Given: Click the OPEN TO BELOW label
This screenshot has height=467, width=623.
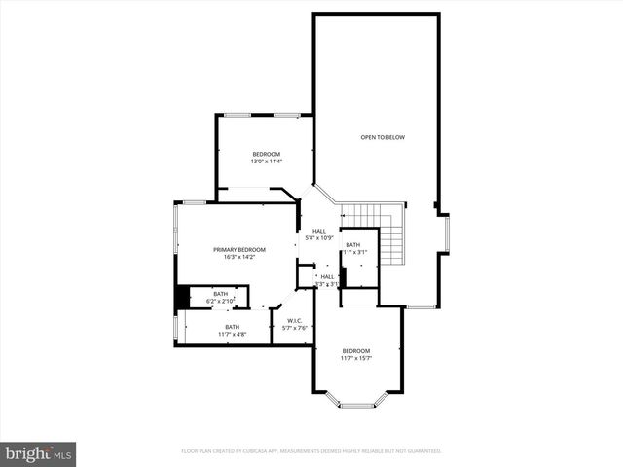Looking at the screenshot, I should [383, 137].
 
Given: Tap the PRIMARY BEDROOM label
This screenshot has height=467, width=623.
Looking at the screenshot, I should [239, 250].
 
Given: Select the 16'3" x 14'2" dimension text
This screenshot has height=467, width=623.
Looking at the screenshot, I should [239, 258].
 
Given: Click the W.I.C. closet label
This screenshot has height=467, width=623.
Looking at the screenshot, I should [294, 320].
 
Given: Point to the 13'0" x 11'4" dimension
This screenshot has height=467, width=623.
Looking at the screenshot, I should [266, 162].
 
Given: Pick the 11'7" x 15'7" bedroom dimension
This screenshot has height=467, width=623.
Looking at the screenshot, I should [355, 358].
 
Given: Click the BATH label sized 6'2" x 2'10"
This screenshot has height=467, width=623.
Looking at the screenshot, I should [221, 294].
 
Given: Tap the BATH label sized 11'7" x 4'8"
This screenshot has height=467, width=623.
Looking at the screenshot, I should [232, 327].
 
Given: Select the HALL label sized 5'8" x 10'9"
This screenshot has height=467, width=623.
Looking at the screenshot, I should [318, 231].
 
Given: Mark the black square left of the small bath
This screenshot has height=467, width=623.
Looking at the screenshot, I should [181, 297].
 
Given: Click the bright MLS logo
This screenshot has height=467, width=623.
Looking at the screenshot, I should [39, 453].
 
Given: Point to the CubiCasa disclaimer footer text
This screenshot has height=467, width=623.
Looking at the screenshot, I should [311, 451].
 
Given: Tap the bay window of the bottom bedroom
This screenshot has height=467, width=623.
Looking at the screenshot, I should [355, 400].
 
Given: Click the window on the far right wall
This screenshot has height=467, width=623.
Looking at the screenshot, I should [447, 233].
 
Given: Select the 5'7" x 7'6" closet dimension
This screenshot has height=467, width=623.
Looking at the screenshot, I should [294, 328].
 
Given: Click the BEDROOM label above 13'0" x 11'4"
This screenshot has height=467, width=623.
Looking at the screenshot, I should [266, 155].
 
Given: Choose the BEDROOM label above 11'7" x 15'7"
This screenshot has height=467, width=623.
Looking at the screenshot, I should [355, 350].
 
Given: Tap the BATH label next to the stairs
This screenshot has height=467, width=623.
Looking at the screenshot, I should [352, 245].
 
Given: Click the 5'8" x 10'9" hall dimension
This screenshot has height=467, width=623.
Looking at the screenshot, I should [318, 238].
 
